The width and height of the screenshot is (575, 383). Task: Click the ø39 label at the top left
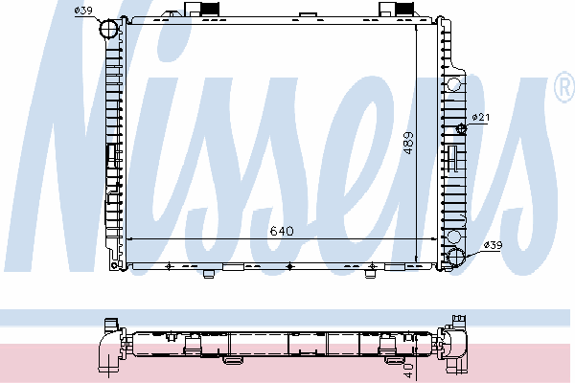(83, 11)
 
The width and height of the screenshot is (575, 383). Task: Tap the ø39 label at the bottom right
(493, 245)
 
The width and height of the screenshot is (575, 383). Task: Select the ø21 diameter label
(481, 117)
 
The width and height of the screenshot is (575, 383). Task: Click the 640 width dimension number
(282, 231)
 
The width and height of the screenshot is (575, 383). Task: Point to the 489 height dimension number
(408, 143)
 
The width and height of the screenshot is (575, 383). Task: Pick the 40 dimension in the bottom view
(409, 371)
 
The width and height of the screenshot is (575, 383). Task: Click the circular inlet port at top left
(108, 29)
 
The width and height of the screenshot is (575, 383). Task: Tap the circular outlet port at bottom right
(456, 256)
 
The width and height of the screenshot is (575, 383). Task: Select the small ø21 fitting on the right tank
(461, 128)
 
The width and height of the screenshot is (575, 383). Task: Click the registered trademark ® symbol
(565, 87)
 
